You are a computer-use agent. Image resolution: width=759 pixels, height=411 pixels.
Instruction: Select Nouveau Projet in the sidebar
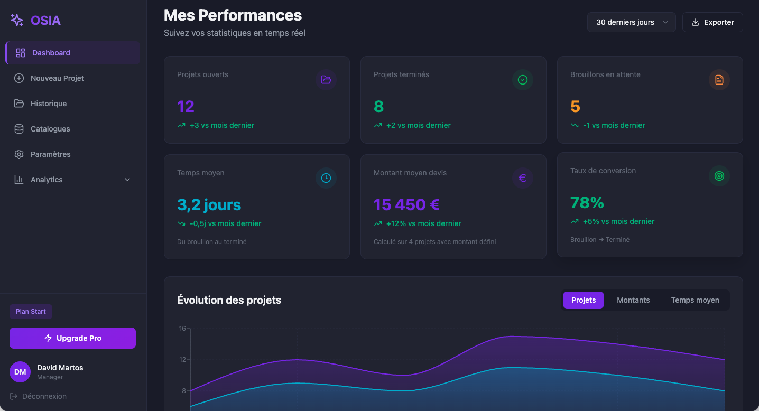coord(57,78)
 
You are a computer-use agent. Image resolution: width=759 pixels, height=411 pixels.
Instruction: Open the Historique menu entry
coord(49,104)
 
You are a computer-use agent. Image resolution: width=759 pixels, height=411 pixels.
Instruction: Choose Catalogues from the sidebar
coord(50,129)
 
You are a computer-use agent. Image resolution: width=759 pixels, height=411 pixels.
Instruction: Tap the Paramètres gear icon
coord(19,154)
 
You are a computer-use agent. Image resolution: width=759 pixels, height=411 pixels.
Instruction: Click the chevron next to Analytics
coord(127,180)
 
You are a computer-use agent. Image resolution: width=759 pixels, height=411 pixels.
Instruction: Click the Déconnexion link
coord(44,396)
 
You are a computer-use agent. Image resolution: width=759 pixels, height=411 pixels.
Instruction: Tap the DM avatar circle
coord(20,372)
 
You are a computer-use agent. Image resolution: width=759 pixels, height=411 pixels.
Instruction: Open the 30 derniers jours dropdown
coord(631,22)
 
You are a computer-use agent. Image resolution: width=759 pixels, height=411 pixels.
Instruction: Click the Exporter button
coord(712,22)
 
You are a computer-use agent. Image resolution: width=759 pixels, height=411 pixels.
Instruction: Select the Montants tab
coord(633,300)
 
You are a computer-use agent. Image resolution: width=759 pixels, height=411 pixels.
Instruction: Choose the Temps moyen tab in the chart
coord(695,300)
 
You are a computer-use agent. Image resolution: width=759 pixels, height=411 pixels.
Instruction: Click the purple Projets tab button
coord(584,300)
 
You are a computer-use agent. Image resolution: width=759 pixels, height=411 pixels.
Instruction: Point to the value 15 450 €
coord(406,204)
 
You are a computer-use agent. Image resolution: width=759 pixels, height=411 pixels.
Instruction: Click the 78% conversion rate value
coord(587,202)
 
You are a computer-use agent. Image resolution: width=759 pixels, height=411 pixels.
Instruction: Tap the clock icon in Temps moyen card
coord(326,178)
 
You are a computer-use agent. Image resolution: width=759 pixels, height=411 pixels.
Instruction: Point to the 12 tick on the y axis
coord(183,360)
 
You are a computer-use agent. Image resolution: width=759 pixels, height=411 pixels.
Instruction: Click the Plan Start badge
coord(31,312)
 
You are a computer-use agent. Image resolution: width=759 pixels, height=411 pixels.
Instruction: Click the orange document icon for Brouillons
coord(719,80)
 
